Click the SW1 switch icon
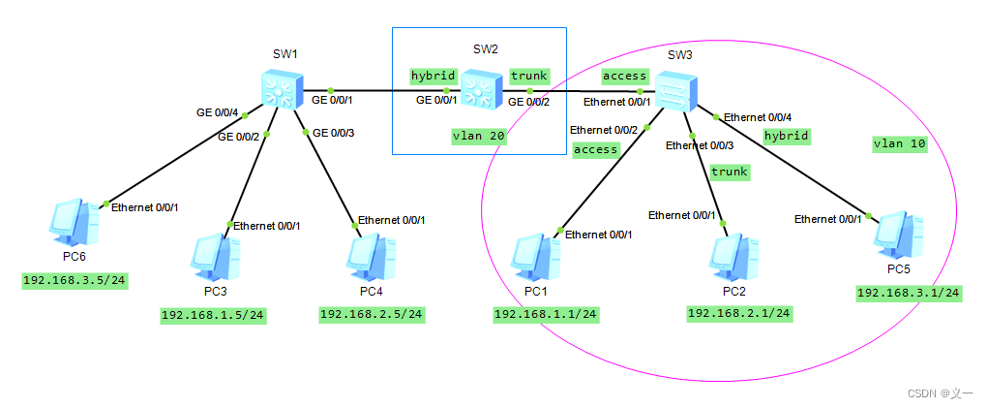[283, 90]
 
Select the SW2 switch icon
[480, 90]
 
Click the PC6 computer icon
[74, 221]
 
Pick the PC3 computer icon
[214, 255]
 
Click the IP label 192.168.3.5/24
[75, 281]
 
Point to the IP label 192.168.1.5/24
[214, 315]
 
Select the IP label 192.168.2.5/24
[372, 314]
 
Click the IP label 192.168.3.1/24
[909, 292]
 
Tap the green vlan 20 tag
[478, 137]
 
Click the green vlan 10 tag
[899, 143]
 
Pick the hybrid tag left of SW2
[433, 76]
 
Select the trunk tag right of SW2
[528, 76]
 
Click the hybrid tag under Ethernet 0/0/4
[786, 136]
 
